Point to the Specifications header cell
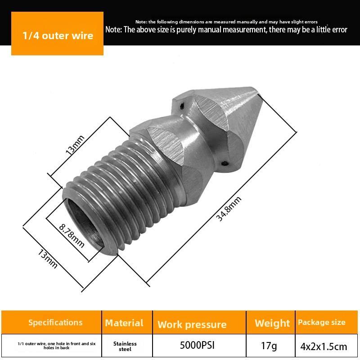tap(55, 322)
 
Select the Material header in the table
tap(124, 323)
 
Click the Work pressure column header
tap(192, 324)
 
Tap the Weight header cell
tap(272, 323)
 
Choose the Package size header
tap(321, 322)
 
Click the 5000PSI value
tap(197, 346)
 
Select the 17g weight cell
tap(270, 346)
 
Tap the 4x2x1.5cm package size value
tap(324, 346)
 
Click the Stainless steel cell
tap(125, 346)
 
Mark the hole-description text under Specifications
tap(56, 346)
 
